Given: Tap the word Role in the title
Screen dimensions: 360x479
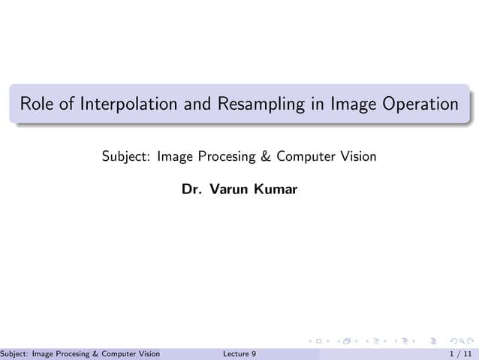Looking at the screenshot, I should point(37,104).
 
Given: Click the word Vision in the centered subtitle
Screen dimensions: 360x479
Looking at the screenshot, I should point(358,157).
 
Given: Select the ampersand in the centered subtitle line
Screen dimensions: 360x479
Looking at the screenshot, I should point(264,157).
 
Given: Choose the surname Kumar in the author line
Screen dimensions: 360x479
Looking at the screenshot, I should point(276,189).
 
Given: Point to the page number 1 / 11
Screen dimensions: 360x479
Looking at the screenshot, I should point(460,353).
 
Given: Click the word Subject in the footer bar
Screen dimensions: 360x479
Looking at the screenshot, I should point(14,353).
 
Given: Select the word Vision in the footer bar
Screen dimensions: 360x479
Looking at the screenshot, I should point(149,353).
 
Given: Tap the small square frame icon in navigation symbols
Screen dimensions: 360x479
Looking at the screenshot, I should point(318,342).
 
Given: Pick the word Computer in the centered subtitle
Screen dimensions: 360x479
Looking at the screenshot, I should point(306,157).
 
